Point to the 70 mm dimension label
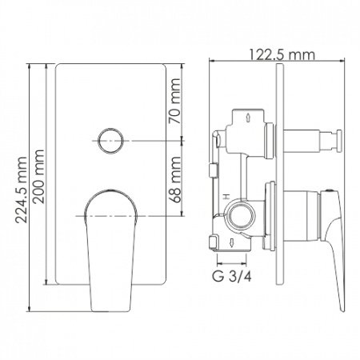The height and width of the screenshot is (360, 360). click(x=185, y=103)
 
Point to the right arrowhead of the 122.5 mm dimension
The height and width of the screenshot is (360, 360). click(x=346, y=62)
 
